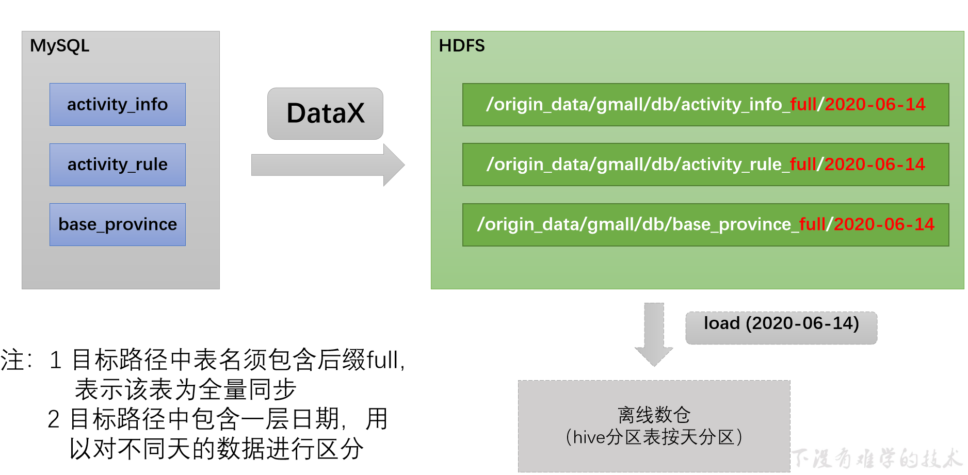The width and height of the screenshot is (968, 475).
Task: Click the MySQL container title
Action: [59, 46]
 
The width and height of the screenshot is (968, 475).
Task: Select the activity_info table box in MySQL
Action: [118, 105]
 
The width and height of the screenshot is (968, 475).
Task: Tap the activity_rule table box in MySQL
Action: [118, 165]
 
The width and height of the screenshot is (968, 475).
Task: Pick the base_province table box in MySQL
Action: [118, 224]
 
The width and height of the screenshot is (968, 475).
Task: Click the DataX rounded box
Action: [325, 113]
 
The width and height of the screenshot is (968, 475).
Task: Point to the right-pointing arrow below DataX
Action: [328, 165]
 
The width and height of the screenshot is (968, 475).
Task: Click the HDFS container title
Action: [462, 46]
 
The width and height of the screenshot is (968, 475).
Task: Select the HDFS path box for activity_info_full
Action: [705, 105]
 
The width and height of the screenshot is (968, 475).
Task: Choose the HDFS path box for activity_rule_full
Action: [705, 165]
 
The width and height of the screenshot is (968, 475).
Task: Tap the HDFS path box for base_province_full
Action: [705, 224]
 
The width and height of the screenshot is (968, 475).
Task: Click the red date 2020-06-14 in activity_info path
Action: [875, 105]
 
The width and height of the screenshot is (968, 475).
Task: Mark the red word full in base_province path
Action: [812, 224]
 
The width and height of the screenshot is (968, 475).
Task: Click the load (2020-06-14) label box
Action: [781, 327]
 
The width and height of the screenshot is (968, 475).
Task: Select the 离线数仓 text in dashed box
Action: [654, 415]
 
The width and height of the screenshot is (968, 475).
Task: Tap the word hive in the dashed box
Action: [589, 437]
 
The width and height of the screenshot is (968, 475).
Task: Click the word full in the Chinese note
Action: [382, 360]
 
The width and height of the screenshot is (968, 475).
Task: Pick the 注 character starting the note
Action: [11, 360]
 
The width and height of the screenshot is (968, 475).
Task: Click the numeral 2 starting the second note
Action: [53, 419]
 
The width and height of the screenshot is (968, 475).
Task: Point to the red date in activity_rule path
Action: [875, 165]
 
